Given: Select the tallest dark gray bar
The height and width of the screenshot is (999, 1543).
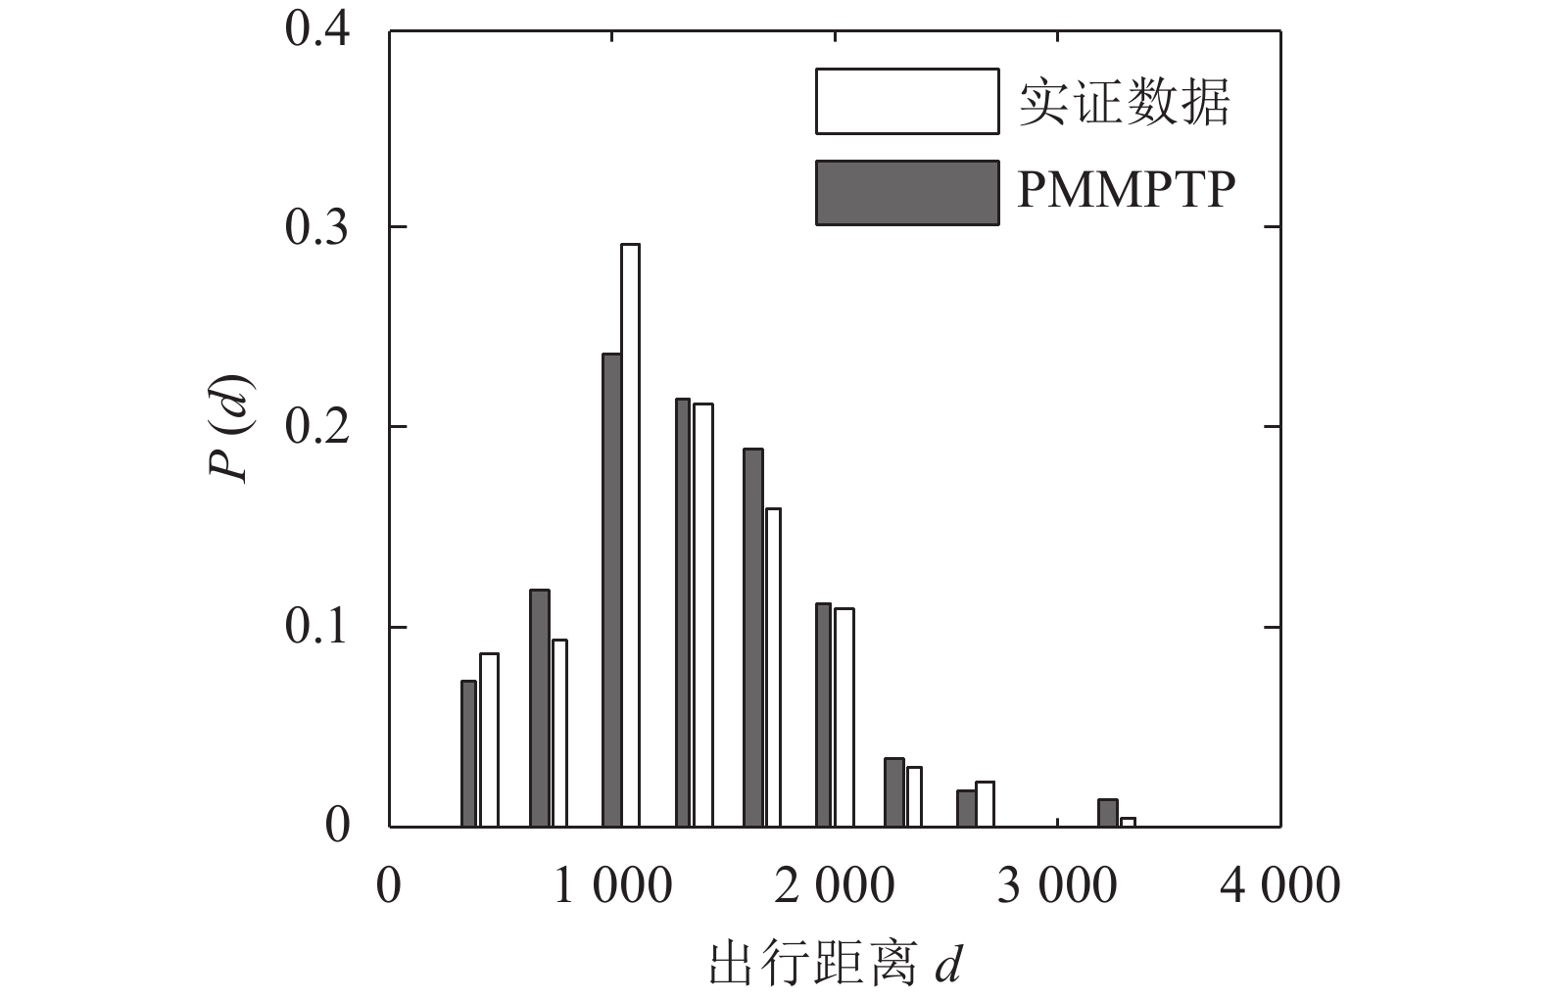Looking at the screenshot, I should click(x=611, y=590).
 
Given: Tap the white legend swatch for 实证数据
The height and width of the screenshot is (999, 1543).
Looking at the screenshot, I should click(x=906, y=101).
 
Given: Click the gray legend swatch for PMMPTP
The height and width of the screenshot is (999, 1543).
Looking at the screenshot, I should click(x=906, y=193).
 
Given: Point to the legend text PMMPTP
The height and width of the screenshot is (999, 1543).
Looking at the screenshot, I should click(x=1126, y=189).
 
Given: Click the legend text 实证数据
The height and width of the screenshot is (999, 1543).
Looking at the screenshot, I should click(x=1124, y=102).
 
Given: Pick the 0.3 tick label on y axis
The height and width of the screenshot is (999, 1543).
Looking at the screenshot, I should click(x=317, y=227).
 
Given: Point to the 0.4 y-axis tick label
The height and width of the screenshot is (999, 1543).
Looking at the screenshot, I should click(x=317, y=28).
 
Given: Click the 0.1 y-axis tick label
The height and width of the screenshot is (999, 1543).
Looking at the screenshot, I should click(x=317, y=627).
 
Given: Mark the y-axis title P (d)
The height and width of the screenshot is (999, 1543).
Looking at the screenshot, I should click(x=231, y=427).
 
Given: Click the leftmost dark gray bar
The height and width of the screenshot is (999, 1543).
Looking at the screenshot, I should click(x=468, y=753).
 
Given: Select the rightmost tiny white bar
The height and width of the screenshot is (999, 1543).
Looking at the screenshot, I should click(x=1128, y=822).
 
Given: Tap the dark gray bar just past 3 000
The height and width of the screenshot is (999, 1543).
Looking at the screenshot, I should click(x=1107, y=813).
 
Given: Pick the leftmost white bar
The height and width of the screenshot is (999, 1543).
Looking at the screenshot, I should click(x=489, y=739).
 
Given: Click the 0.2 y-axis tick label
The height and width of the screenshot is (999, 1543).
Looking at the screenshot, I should click(x=317, y=427).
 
